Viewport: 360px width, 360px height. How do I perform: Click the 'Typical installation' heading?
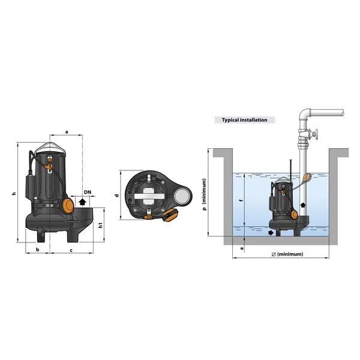point(245,120)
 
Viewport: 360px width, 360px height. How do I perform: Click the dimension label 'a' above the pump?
point(67,132)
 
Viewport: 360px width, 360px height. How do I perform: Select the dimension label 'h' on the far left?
point(14,194)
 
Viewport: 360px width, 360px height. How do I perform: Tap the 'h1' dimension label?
point(101,225)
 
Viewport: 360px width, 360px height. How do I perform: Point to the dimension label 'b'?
point(38,250)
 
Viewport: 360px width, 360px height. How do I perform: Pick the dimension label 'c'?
point(71,250)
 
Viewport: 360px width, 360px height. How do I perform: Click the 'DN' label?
point(88,192)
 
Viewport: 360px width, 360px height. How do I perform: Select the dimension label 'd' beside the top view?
point(117,196)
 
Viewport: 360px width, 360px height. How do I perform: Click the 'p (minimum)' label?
point(205,194)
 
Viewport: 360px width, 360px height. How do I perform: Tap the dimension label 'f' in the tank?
point(241,200)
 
